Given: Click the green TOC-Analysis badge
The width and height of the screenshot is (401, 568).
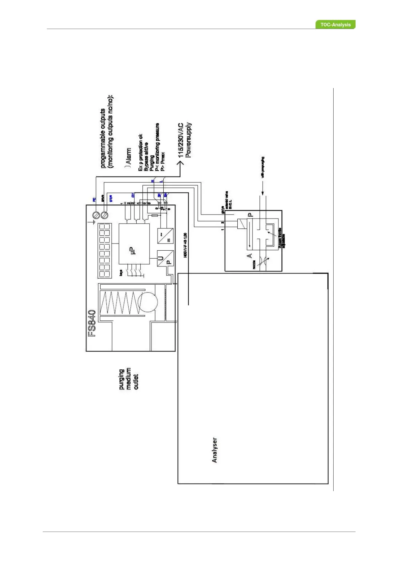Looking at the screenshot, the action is (335, 25).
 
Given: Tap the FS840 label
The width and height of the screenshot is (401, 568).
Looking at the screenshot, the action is (92, 323).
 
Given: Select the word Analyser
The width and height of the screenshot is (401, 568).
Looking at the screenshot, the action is (215, 450).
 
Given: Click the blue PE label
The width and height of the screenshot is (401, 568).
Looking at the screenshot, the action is (94, 199).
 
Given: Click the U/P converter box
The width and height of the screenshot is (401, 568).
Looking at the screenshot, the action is (165, 258).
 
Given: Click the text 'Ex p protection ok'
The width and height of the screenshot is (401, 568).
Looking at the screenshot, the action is (141, 153).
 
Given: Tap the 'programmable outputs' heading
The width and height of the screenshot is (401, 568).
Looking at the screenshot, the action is (103, 138).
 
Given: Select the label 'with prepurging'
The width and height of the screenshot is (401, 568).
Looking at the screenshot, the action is (263, 167).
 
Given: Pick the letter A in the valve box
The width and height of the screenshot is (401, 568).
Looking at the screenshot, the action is (249, 256).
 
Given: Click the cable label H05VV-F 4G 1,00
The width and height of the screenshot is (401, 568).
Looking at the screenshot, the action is (186, 245).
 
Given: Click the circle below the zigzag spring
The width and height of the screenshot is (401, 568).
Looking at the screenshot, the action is (147, 301).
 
